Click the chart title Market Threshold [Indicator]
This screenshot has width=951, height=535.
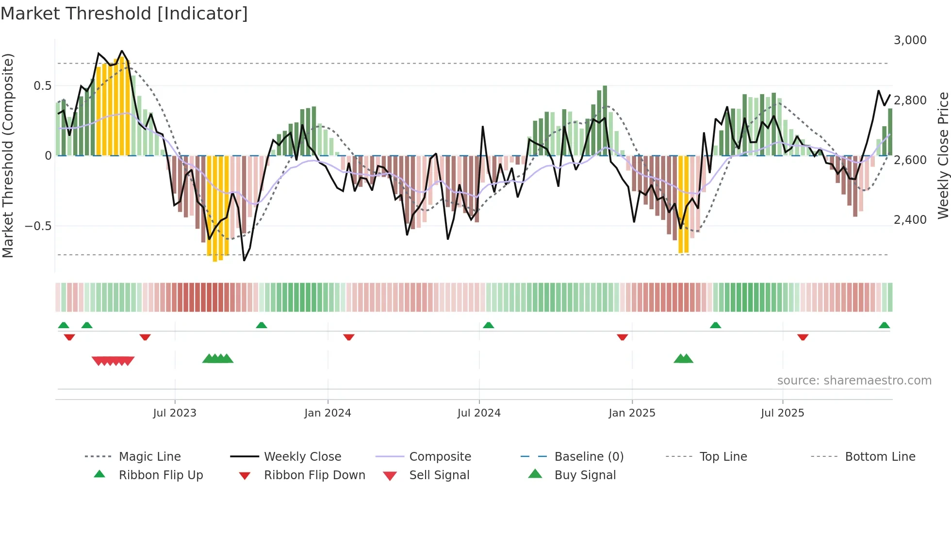point(124,14)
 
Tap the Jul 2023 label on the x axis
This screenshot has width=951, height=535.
point(175,413)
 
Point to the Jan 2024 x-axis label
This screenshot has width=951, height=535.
point(328,413)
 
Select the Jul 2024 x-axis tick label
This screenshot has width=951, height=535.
point(479,413)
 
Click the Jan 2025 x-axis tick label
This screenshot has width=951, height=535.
point(632,413)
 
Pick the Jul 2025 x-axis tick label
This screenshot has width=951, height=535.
point(782,413)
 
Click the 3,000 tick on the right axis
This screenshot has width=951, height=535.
point(910,40)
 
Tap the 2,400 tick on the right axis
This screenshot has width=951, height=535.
point(910,220)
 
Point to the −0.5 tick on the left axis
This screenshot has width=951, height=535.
point(38,226)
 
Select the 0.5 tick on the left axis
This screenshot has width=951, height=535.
point(42,86)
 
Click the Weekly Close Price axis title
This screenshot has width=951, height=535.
point(943,155)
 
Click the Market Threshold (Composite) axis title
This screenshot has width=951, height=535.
point(8,155)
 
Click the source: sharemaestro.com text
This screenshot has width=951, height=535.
point(854,381)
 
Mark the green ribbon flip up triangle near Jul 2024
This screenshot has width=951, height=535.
point(489,325)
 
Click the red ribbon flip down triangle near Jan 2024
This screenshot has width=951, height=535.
point(349,337)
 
